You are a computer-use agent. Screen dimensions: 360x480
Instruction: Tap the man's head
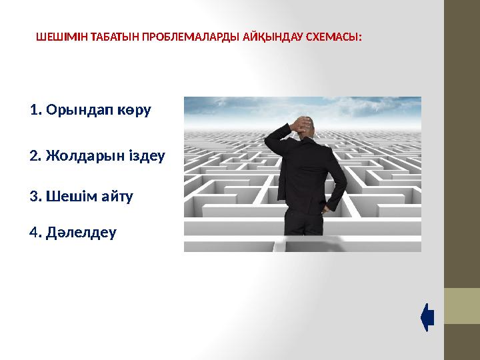[x=303, y=128]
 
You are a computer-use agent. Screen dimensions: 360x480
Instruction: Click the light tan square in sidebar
[x=461, y=306]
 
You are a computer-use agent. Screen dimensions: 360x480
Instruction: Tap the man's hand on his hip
[x=326, y=208]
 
